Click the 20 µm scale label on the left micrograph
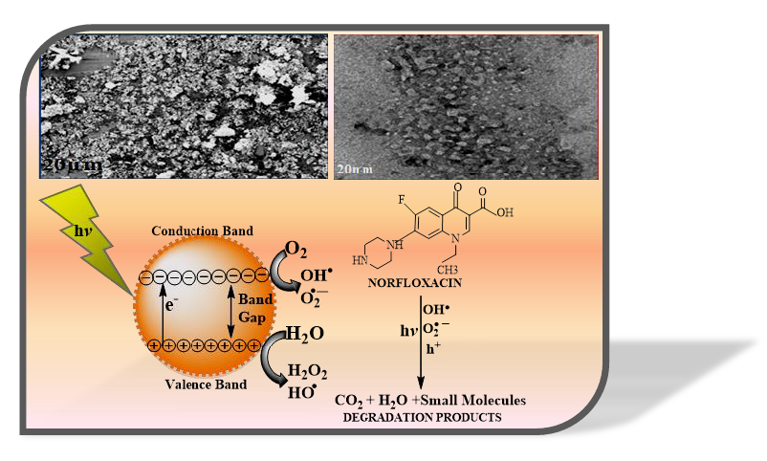click(x=71, y=166)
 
